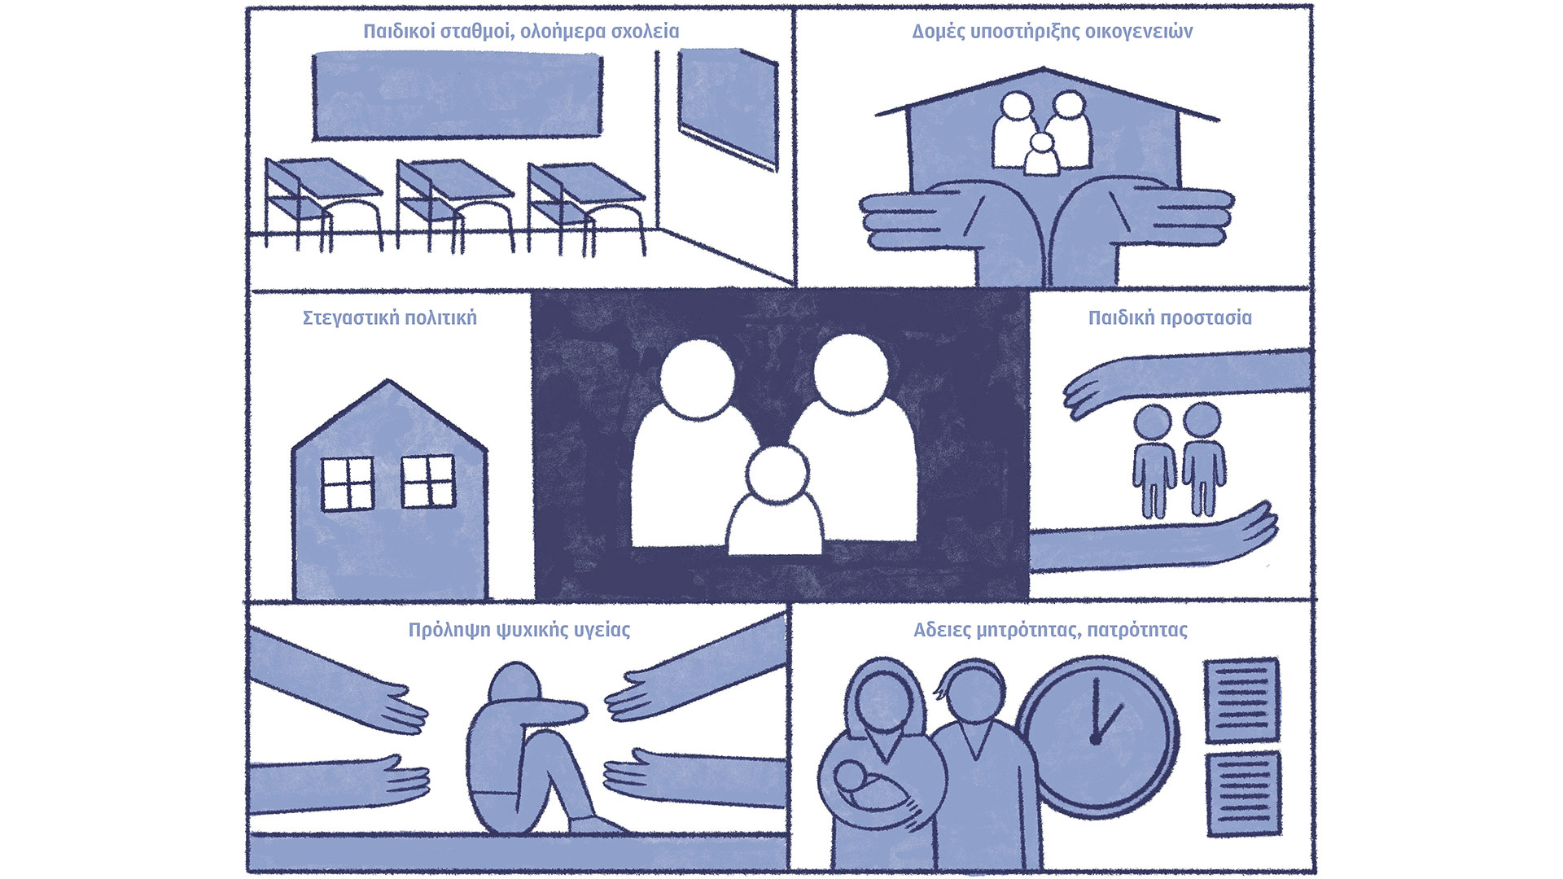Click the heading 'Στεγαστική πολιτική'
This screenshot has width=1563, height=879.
click(390, 317)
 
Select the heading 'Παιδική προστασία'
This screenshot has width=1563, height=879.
click(1170, 317)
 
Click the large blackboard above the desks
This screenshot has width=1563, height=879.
click(458, 96)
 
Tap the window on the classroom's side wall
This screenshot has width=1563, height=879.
click(729, 108)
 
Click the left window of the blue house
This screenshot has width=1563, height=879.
click(348, 483)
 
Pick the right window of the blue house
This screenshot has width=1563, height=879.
click(428, 482)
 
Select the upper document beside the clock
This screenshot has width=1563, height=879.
click(1241, 700)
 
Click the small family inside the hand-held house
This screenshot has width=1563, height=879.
click(1043, 133)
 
